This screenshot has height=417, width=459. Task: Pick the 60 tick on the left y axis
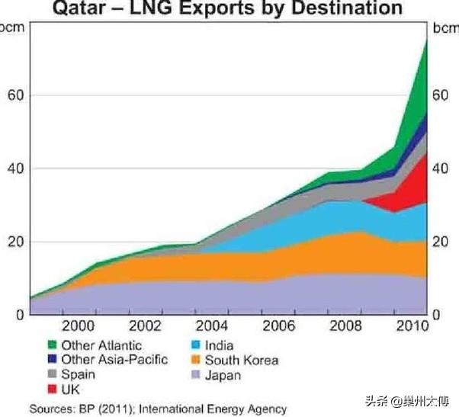click(14, 95)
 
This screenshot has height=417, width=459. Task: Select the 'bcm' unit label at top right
click(445, 29)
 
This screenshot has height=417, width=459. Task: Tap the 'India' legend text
click(219, 345)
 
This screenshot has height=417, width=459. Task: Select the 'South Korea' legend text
click(242, 360)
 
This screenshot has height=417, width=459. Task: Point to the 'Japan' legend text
click(223, 375)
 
